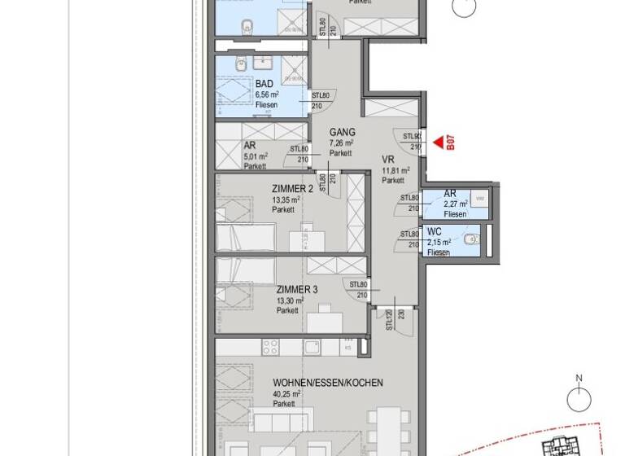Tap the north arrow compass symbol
pos(579,399)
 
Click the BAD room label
pos(264,84)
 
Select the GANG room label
pos(342,132)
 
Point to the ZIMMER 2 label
pos(292,187)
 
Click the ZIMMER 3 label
pos(296,289)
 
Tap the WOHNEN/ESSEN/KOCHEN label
pos(328,382)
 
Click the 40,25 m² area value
pos(286,393)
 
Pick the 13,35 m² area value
pos(286,198)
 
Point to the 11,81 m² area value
pos(396,171)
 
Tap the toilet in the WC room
pos(471,239)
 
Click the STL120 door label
pos(390,321)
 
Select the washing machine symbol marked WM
pos(479,198)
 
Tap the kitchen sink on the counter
pos(313,347)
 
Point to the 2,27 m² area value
pos(456,204)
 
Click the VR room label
pos(388,160)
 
